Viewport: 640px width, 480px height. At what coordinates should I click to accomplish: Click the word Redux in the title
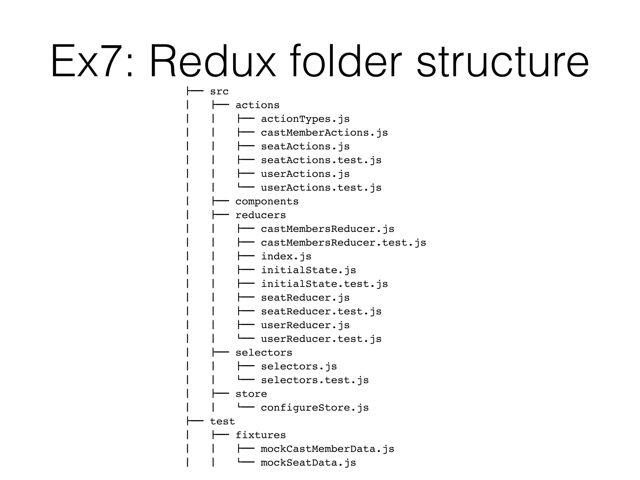coord(213,61)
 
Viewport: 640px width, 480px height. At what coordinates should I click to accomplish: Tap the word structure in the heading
coord(502,61)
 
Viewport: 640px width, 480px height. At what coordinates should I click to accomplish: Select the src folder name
coord(219,92)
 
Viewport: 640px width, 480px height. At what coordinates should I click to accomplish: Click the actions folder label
coord(257,105)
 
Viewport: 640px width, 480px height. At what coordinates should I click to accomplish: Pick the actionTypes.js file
coord(305,119)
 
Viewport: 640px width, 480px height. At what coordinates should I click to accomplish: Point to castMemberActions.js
coord(324,133)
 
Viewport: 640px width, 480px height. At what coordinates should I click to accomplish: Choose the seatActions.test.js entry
coord(321,160)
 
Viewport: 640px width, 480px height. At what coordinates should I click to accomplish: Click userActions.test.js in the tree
coord(321,188)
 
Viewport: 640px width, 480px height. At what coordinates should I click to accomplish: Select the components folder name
coord(267,202)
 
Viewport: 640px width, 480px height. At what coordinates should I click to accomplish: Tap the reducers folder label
coord(261,215)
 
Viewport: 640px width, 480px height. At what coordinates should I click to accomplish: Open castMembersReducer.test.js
coord(343,243)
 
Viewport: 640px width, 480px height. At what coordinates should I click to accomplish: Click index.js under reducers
coord(286,257)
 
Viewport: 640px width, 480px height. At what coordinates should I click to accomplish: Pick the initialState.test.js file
coord(324,284)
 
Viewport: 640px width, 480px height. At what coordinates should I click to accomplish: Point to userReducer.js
coord(305,325)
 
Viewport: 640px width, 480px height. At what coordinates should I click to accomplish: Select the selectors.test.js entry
coord(315,380)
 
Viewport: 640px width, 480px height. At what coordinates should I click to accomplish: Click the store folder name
coord(251,394)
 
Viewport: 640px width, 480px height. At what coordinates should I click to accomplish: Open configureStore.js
coord(315,408)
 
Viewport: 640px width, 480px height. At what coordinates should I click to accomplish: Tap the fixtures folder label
coord(261,435)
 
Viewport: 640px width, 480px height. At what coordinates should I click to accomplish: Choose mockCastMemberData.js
coord(327,449)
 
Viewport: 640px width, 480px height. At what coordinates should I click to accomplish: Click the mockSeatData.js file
coord(308,463)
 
